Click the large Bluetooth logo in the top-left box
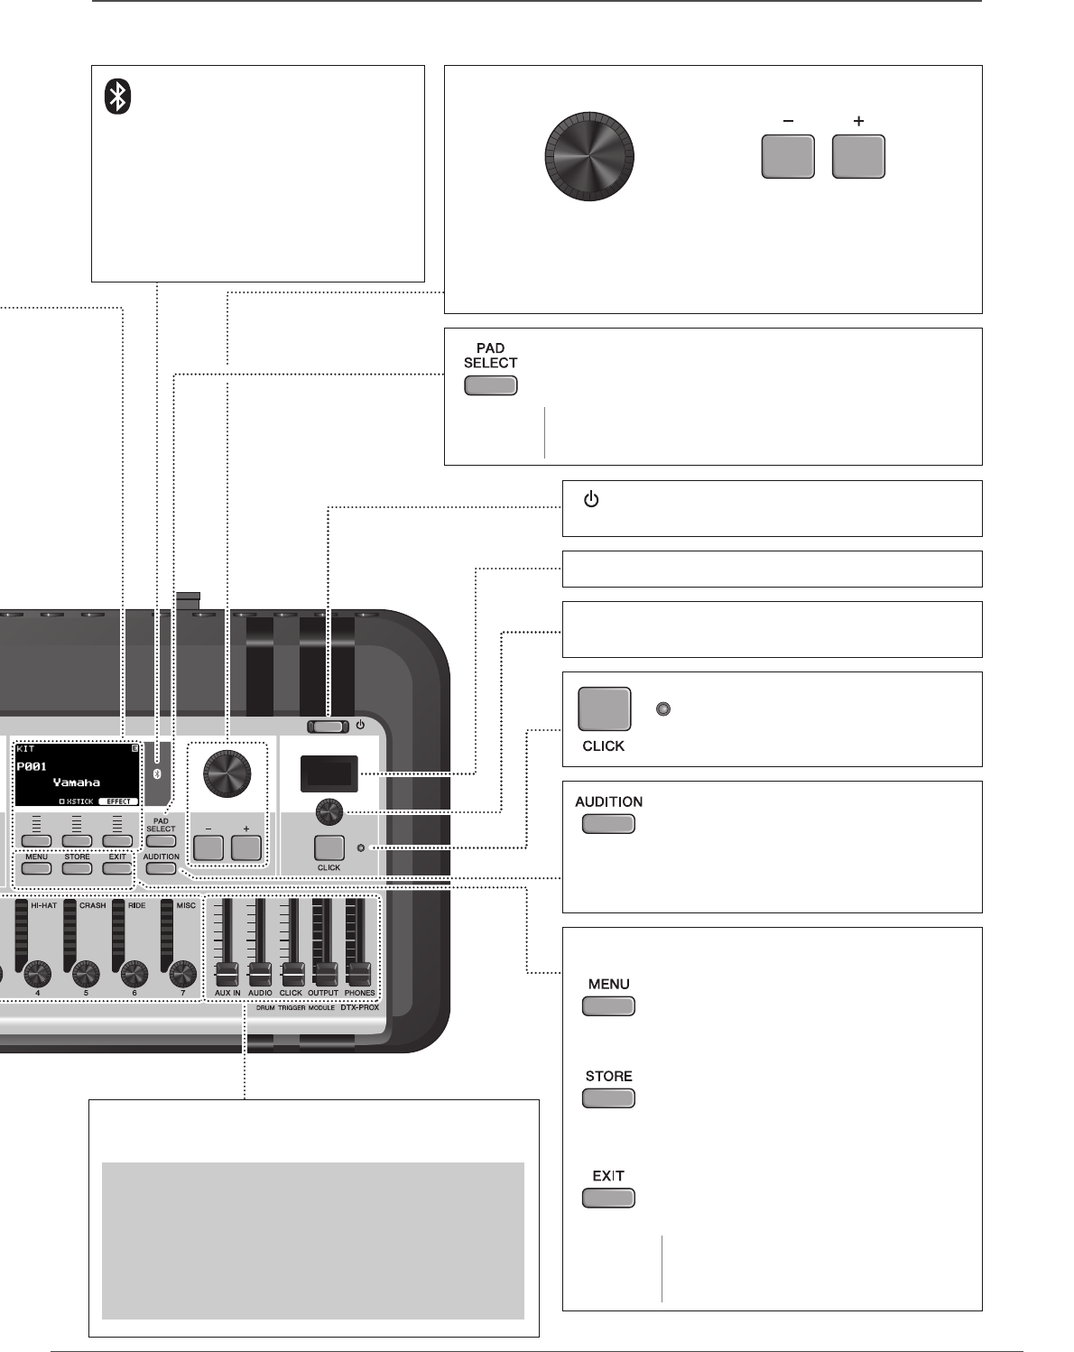click(117, 97)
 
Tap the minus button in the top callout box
click(788, 157)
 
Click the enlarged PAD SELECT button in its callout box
click(490, 386)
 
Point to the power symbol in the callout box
click(591, 499)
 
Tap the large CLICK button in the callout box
click(604, 709)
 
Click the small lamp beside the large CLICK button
click(663, 709)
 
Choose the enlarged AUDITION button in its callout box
click(608, 824)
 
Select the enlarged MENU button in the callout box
click(608, 1006)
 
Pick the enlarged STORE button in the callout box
click(608, 1098)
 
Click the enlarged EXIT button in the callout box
click(608, 1199)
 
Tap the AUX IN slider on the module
click(227, 974)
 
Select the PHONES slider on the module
click(358, 974)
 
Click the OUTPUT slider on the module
click(324, 974)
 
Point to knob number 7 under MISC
click(182, 973)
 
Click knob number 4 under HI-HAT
click(37, 973)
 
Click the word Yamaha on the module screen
click(77, 782)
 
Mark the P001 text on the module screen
click(32, 766)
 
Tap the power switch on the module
click(328, 727)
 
